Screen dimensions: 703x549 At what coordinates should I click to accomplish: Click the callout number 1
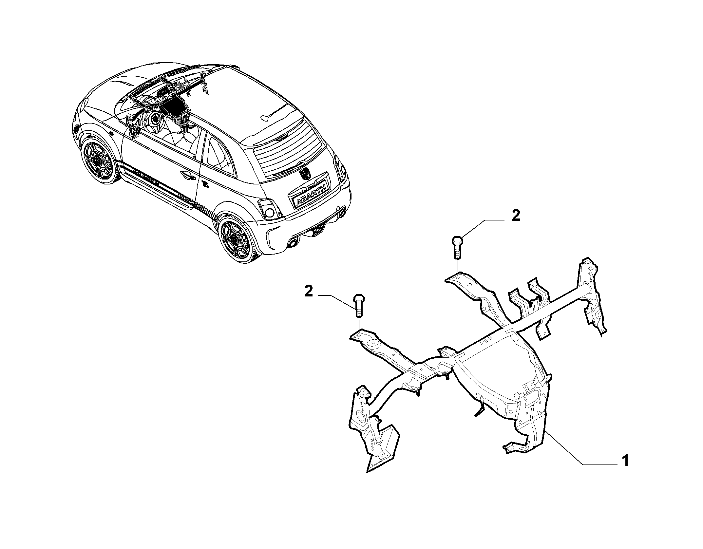(625, 461)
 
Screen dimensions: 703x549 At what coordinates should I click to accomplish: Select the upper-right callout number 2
(516, 216)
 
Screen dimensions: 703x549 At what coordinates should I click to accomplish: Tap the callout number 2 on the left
(309, 292)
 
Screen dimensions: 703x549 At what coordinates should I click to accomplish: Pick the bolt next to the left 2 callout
(359, 305)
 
